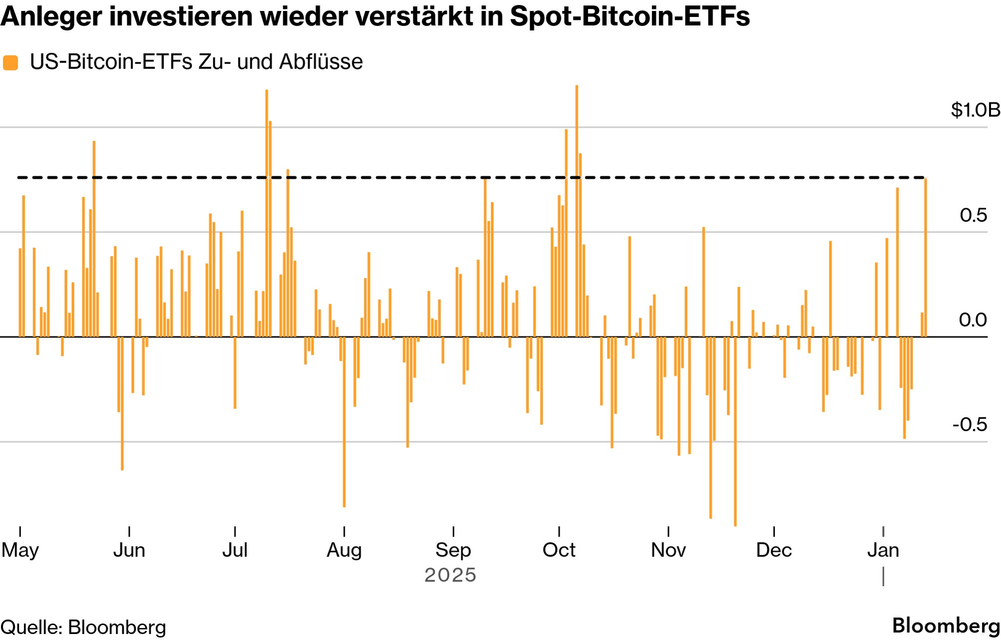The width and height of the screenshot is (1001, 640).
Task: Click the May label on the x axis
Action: coord(20,550)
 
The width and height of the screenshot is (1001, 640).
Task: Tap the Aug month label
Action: coord(344,550)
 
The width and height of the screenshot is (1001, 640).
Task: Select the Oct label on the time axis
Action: coord(559,550)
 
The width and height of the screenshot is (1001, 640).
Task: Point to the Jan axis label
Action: coord(883,550)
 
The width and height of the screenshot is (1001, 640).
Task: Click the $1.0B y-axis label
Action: coord(975,110)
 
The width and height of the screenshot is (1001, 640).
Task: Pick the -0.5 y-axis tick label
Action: coord(970,425)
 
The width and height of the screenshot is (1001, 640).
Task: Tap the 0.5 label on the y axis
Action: coord(973,215)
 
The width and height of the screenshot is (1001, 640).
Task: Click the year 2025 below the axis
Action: coord(450,575)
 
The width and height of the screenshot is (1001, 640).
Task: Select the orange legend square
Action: coord(10,63)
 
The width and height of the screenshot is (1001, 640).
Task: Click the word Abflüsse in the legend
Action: coord(321,62)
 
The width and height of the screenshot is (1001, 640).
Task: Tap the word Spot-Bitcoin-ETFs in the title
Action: coord(630,16)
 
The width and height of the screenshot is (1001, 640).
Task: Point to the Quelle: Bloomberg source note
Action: coord(83,628)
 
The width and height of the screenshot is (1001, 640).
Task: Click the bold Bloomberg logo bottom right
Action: coord(946,626)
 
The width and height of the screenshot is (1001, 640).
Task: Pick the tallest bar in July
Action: coord(267,210)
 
